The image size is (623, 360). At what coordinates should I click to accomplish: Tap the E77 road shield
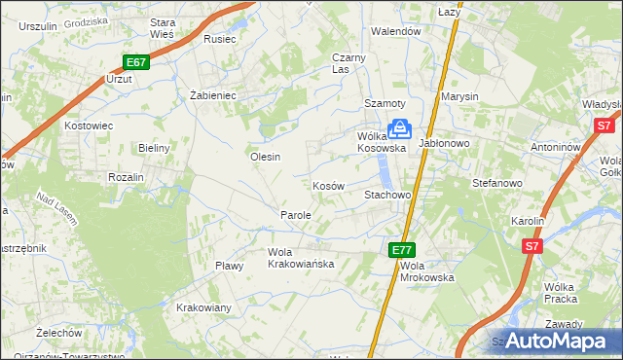pos(402,249)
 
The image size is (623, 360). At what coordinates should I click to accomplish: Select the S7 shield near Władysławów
pos(604,126)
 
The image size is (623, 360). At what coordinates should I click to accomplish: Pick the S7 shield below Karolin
pos(531,247)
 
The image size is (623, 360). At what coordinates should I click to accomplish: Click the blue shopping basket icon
pos(399,128)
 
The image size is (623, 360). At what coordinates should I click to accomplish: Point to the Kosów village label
pos(328,185)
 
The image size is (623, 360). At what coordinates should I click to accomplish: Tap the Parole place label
pos(295,214)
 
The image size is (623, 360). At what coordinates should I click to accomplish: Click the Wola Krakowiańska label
pos(301,258)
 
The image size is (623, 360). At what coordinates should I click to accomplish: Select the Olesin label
pos(265,157)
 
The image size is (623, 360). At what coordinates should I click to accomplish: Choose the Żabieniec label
pos(213,95)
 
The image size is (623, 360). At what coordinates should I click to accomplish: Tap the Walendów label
pos(395,31)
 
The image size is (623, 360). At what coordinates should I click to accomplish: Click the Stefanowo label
pos(497,182)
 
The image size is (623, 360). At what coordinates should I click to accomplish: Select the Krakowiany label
pos(203,307)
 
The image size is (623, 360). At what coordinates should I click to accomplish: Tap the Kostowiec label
pos(89,126)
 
